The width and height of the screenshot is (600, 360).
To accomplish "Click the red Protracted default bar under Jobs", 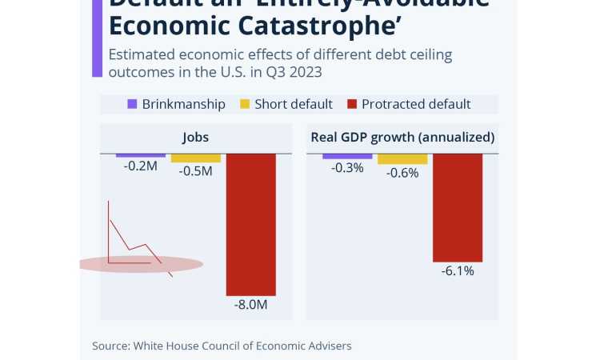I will (x=251, y=224).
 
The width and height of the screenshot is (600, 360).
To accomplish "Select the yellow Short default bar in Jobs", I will (x=196, y=158).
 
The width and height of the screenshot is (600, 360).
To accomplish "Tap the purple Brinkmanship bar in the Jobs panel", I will (x=141, y=155).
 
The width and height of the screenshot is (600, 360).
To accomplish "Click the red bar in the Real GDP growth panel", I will (x=458, y=207).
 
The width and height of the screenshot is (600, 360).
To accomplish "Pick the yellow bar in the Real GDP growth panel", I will (x=402, y=158).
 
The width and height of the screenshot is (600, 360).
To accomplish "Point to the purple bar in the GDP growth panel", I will (x=347, y=156).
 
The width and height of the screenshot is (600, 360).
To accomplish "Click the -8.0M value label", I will (x=251, y=305).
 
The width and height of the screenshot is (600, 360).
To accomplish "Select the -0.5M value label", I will (x=196, y=171).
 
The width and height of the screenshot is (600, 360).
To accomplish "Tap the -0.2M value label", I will (x=141, y=166).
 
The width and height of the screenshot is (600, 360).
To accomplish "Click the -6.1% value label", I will (x=458, y=271).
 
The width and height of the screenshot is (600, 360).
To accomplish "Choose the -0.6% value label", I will (x=402, y=173).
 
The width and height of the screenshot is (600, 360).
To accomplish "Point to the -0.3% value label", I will (x=347, y=167).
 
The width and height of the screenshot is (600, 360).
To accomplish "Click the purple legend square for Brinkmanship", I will (x=133, y=104).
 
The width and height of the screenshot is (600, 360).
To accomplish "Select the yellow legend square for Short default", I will (x=246, y=104).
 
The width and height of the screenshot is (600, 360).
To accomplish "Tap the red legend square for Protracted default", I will (x=352, y=104).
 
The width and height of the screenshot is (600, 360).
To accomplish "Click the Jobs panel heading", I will (x=195, y=137).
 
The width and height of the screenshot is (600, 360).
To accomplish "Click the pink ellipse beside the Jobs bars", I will (x=141, y=264).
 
